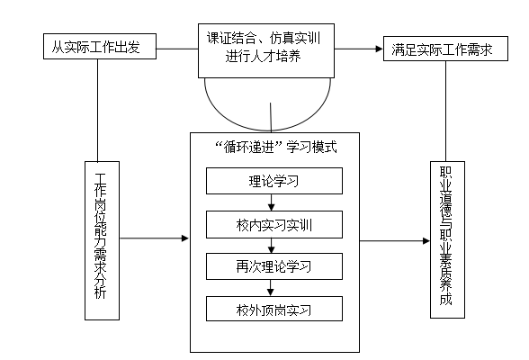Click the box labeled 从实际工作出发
click(x=100, y=46)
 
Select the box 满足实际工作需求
click(x=445, y=49)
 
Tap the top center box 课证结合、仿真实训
click(x=266, y=50)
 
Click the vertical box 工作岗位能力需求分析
click(x=102, y=240)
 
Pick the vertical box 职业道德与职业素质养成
click(x=447, y=239)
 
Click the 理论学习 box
click(x=274, y=181)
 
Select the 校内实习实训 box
click(x=274, y=224)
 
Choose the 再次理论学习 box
click(x=274, y=266)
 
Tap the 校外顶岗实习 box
click(x=274, y=309)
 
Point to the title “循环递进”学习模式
click(x=276, y=147)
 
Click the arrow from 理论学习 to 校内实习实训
click(x=271, y=202)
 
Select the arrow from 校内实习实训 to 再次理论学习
click(x=271, y=246)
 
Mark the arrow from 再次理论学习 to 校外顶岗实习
click(x=270, y=288)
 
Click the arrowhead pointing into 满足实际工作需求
click(x=380, y=49)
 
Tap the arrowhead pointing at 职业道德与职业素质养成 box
click(x=426, y=241)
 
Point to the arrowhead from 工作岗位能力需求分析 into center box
click(x=185, y=238)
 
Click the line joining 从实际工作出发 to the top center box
click(x=177, y=49)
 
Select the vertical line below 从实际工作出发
click(x=98, y=111)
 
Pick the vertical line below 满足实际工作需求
click(x=445, y=111)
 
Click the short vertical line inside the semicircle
click(x=271, y=117)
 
